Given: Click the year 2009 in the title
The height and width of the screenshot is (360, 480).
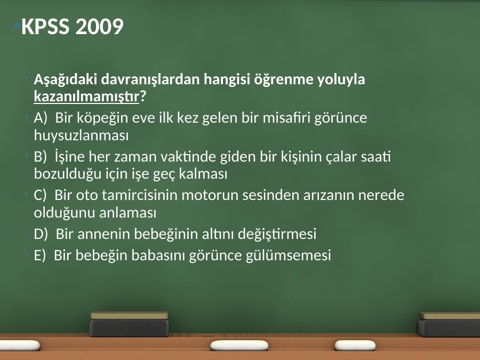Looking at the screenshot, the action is tap(100, 26).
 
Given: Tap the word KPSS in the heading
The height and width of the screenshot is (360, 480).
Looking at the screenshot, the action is tap(45, 26).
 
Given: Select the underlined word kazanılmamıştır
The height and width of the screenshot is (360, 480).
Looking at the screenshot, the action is tap(86, 97).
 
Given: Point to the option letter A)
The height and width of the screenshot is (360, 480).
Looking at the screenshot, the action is tap(41, 118).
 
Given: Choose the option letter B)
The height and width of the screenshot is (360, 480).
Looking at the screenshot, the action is tap(40, 157).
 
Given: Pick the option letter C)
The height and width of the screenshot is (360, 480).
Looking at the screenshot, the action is tap(40, 195).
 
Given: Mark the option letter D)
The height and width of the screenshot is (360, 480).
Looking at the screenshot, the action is tap(41, 234).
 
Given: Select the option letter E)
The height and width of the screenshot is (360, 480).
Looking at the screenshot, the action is tap(39, 255).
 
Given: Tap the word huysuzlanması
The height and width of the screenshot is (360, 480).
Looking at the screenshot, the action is tap(81, 135).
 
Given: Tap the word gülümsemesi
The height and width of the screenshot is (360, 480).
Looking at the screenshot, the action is tap(289, 255).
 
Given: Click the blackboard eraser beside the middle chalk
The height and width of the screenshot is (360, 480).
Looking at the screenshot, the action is tap(130, 324).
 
